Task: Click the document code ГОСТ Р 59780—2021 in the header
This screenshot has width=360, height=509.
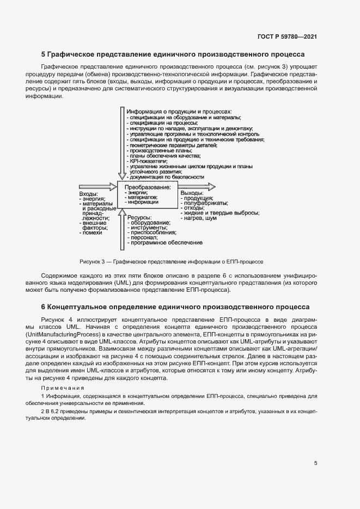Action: point(286,36)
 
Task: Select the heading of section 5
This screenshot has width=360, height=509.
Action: point(173,54)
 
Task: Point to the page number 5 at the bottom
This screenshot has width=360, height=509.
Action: point(315,463)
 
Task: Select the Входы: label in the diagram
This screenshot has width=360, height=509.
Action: point(89,194)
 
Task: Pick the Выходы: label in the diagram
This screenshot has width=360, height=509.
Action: point(192,193)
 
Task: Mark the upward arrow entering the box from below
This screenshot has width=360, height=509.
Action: point(121,229)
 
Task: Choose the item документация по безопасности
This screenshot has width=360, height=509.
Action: point(166,177)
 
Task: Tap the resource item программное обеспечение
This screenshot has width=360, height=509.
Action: point(166,242)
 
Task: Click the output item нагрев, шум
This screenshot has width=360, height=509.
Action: point(198,218)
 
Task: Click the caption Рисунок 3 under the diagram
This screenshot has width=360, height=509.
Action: point(171,261)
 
